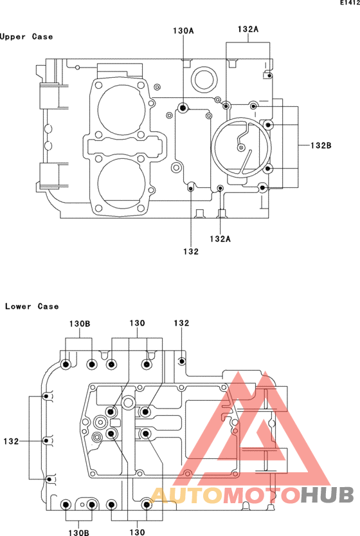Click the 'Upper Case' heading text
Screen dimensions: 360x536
pos(26,37)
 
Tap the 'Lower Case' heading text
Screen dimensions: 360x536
pos(32,306)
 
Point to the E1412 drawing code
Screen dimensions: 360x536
pos(350,3)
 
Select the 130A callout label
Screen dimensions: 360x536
pos(183,31)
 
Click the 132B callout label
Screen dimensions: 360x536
pos(321,145)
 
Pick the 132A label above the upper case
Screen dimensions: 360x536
pos(248,30)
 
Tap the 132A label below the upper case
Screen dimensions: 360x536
pos(220,239)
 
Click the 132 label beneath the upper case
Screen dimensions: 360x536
pos(190,252)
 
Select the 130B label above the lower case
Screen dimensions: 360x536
pos(80,324)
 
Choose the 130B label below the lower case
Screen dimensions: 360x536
pos(79,532)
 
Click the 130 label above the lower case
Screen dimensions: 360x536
pos(137,323)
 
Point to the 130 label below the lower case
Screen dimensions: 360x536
pos(137,532)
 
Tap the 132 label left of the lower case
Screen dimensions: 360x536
pos(11,441)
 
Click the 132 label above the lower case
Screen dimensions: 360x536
pos(181,323)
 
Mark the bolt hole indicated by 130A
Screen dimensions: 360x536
pos(183,108)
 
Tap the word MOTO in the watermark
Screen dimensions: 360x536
pos(261,495)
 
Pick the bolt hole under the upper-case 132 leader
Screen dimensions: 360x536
pos(191,188)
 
